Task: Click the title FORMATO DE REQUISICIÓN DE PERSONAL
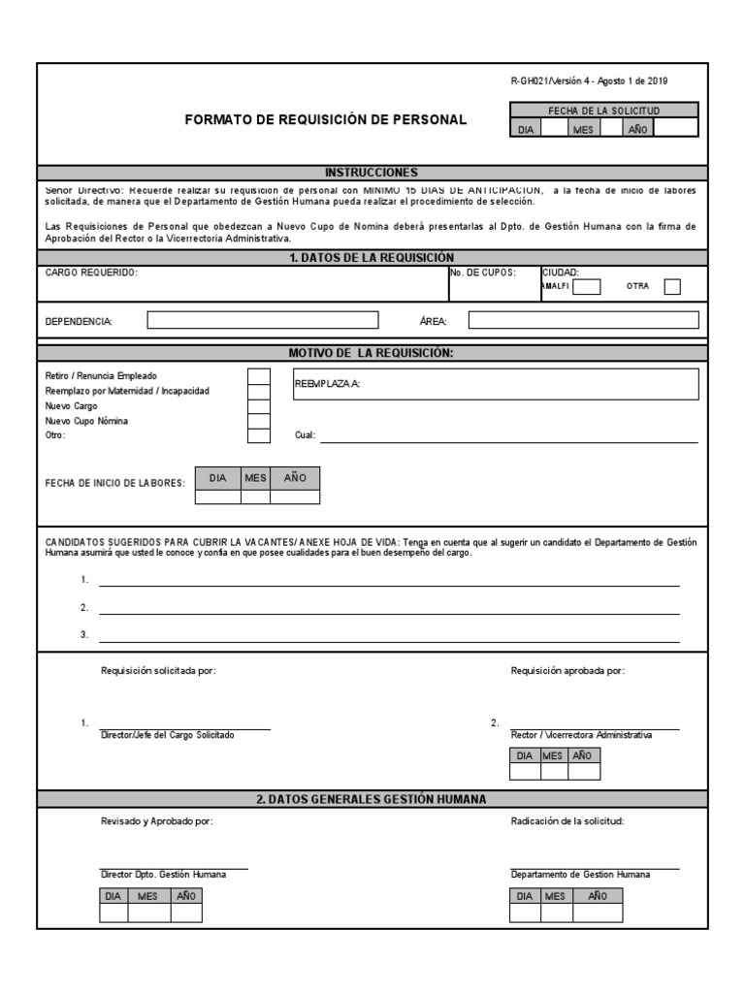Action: coord(326,120)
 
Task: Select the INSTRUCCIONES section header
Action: coord(372,172)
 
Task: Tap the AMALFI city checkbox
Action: coord(588,286)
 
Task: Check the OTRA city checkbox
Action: coord(672,286)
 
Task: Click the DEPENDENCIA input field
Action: coord(263,320)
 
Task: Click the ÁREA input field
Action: coord(583,320)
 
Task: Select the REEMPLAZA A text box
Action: coord(494,384)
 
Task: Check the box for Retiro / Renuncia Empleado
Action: coord(259,376)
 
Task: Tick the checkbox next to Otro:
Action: coord(259,435)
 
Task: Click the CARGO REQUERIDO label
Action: coord(92,273)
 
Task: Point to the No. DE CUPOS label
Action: coord(482,273)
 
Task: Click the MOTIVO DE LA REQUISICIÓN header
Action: coord(372,353)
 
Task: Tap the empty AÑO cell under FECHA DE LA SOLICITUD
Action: coord(675,128)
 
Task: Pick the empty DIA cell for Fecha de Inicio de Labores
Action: coord(217,497)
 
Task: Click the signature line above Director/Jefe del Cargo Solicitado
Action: coord(185,726)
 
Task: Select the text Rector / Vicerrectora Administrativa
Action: coord(581,735)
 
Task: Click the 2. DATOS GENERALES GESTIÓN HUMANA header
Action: coord(372,799)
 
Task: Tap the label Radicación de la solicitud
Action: coord(567,821)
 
